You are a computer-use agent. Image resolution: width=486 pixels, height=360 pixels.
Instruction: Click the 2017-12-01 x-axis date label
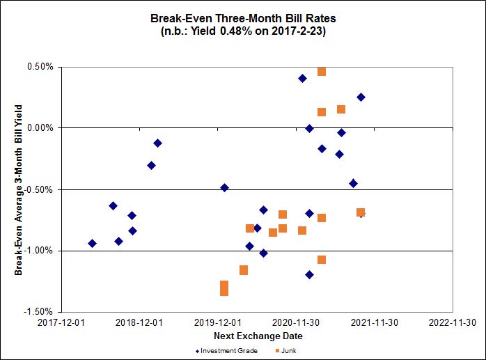click(61, 322)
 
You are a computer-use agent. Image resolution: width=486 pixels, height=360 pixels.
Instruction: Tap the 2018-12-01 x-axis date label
click(139, 322)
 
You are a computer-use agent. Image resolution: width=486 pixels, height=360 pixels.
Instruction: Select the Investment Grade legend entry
click(226, 350)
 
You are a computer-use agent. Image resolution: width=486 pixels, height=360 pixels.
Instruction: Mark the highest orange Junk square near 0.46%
click(322, 71)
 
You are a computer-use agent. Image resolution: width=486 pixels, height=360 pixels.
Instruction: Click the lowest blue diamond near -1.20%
click(309, 274)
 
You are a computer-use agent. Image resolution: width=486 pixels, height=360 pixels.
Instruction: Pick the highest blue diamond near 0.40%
click(302, 78)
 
